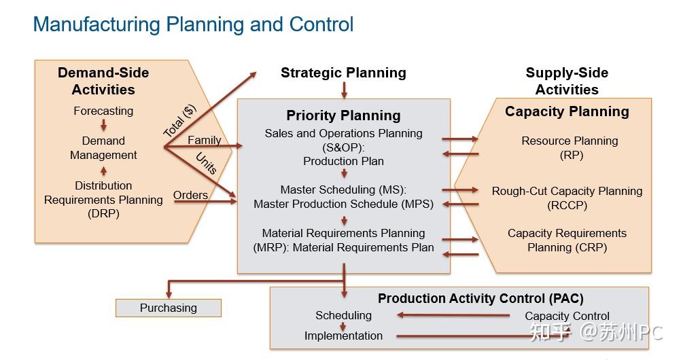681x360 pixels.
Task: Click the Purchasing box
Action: point(169,308)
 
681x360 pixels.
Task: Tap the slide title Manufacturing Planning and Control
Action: point(193,24)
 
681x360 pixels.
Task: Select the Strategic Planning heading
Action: point(343,73)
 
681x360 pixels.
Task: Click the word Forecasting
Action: point(103,111)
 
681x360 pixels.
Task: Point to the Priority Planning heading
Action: point(343,115)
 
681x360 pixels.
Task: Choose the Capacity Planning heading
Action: point(567,111)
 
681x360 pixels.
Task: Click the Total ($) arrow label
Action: point(179,121)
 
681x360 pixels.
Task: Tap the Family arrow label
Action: point(204,140)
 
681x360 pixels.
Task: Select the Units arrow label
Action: point(206,163)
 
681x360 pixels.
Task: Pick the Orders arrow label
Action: point(190,195)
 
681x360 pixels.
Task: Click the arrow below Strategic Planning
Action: point(344,90)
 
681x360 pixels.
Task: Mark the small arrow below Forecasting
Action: point(103,125)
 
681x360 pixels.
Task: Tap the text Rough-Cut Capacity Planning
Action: point(567,191)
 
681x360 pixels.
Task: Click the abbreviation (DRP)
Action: point(103,214)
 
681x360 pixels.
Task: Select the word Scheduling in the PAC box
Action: point(343,315)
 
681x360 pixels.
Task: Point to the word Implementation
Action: point(343,336)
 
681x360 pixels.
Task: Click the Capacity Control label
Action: point(567,316)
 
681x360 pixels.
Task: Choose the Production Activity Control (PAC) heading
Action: point(481,298)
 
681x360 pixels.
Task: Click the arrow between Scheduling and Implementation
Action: point(343,327)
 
